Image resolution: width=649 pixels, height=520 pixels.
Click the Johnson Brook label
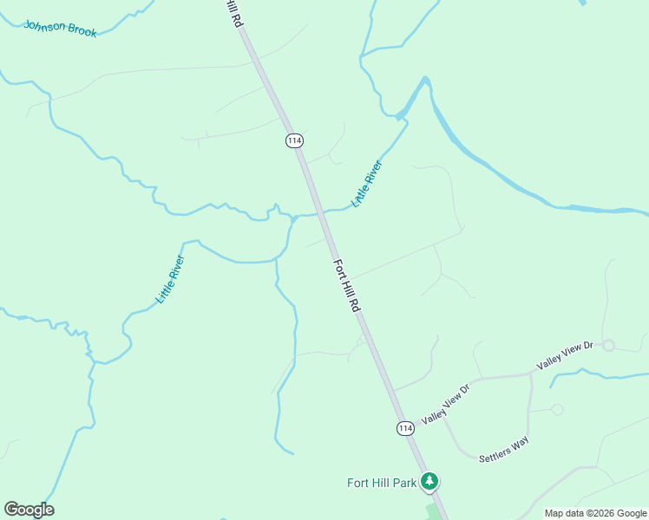[x=60, y=29]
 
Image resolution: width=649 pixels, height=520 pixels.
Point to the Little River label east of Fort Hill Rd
[x=366, y=184]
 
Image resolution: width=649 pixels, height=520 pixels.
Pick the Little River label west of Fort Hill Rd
[x=170, y=278]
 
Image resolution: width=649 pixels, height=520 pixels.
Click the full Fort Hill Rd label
[x=345, y=283]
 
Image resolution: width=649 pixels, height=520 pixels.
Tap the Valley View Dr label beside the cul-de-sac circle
[x=564, y=355]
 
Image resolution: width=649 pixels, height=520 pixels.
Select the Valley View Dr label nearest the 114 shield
[x=445, y=404]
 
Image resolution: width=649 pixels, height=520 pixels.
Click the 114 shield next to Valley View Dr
[x=405, y=428]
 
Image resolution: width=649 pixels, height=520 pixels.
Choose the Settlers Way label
[x=503, y=449]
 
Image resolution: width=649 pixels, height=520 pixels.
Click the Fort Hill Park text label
[x=382, y=483]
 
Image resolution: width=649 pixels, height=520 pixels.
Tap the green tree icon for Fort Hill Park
[x=429, y=481]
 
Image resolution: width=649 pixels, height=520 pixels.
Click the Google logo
[x=29, y=510]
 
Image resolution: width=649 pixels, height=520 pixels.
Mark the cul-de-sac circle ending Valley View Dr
[x=608, y=346]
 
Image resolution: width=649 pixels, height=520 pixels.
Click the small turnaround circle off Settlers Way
[x=557, y=410]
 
